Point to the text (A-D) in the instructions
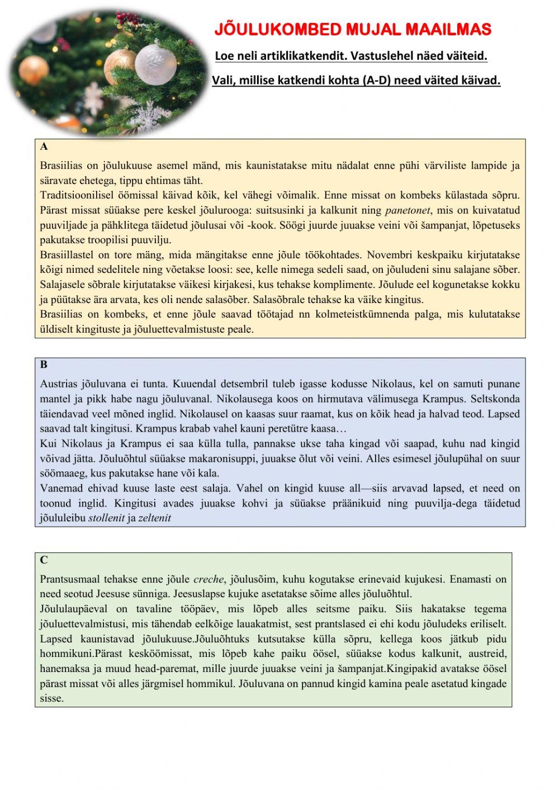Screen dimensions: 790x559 (377, 81)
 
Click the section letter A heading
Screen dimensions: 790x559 (44, 147)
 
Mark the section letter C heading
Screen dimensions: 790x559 (44, 560)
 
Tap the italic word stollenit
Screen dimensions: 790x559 (106, 518)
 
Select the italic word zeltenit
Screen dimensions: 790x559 (155, 518)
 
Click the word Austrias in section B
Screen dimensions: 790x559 (58, 384)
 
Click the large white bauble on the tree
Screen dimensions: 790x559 (155, 62)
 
